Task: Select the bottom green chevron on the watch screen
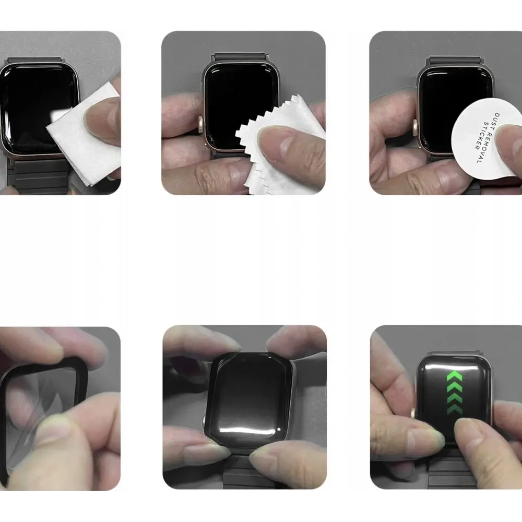pos(454,408)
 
